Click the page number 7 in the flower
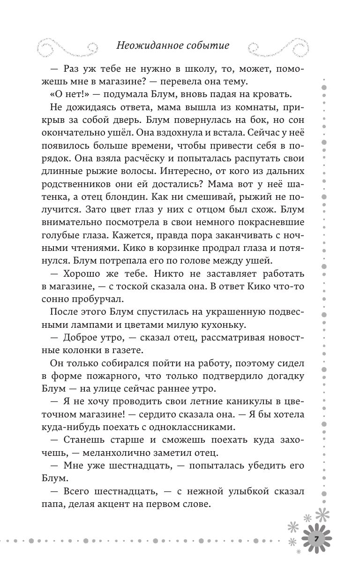316,538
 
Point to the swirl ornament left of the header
67,45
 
